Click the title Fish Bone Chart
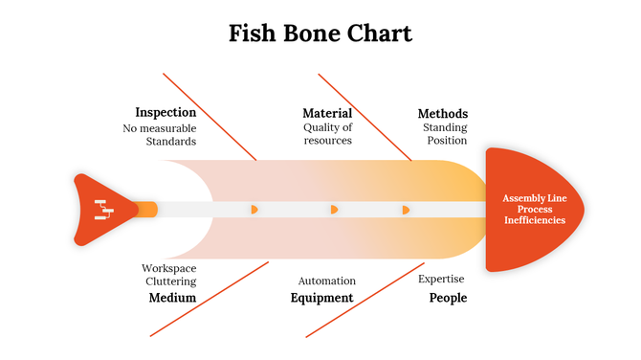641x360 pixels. (x=320, y=34)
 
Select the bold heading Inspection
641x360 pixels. (x=166, y=112)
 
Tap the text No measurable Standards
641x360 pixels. (x=159, y=134)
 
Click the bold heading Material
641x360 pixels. (x=327, y=113)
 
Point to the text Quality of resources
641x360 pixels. (x=327, y=134)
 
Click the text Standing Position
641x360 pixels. (x=445, y=134)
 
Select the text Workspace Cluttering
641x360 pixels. (x=169, y=275)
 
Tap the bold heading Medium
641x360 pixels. (x=172, y=298)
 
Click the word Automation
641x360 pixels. (x=326, y=281)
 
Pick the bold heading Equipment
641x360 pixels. (x=321, y=298)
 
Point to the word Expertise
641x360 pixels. (x=441, y=279)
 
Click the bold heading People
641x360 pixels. (x=448, y=298)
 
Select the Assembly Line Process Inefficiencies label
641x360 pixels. (x=534, y=209)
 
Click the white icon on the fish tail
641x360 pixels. (x=103, y=210)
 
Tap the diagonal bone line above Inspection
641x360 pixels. (x=210, y=116)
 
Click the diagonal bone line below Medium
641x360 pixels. (x=209, y=298)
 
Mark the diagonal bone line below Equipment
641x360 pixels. (x=364, y=298)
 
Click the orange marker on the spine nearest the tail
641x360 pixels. (x=254, y=209)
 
